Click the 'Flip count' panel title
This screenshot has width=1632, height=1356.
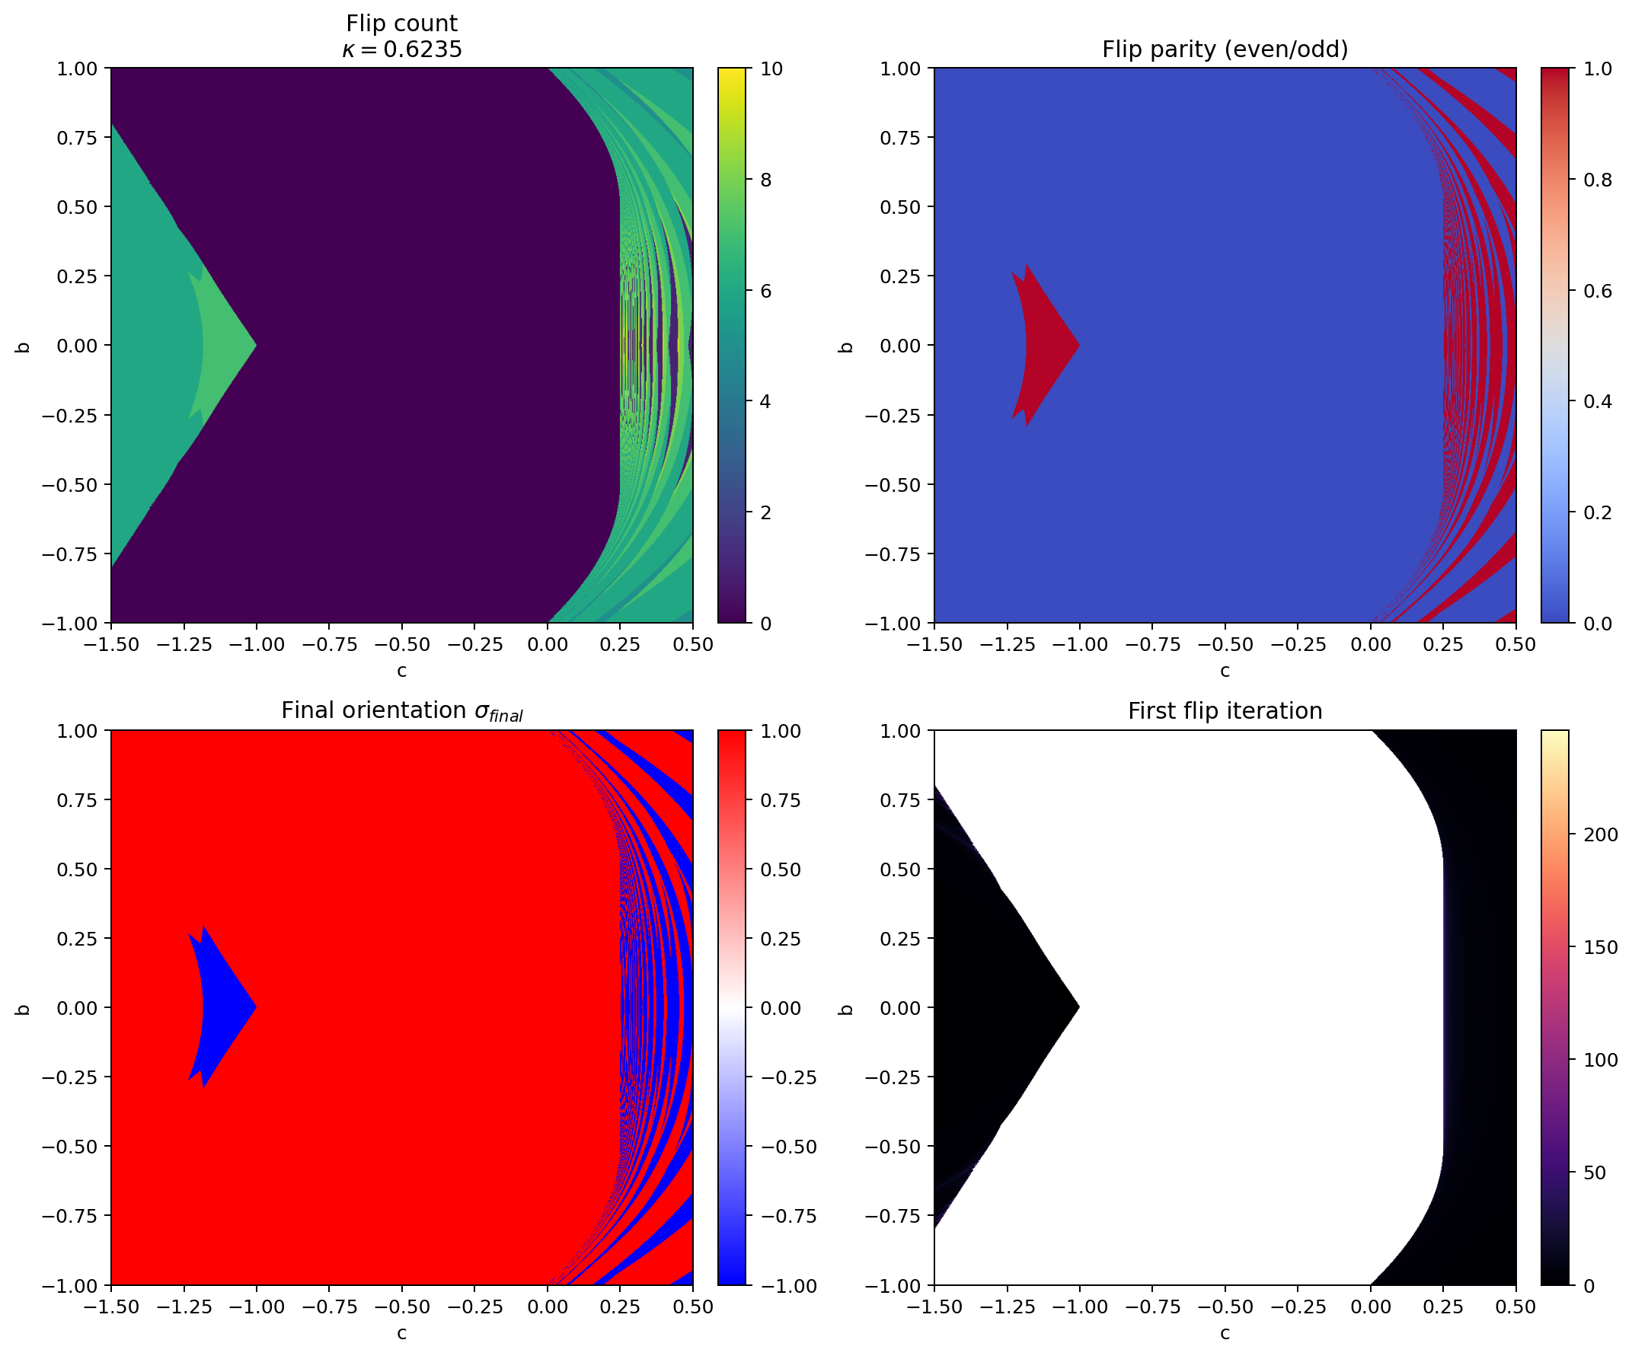pyautogui.click(x=402, y=24)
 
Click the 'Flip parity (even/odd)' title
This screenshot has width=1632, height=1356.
pyautogui.click(x=1225, y=49)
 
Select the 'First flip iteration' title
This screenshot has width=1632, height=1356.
pyautogui.click(x=1225, y=711)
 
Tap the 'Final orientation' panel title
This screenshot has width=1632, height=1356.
pyautogui.click(x=402, y=711)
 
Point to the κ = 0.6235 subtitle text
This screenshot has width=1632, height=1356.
pyautogui.click(x=402, y=49)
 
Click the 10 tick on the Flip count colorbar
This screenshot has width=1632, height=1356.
pyautogui.click(x=771, y=69)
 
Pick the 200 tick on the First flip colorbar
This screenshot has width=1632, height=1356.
pyautogui.click(x=1599, y=834)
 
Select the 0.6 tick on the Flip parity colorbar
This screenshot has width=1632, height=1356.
pyautogui.click(x=1597, y=291)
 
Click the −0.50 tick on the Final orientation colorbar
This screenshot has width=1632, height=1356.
pyautogui.click(x=788, y=1147)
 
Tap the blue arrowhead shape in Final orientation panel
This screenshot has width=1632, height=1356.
pyautogui.click(x=221, y=1008)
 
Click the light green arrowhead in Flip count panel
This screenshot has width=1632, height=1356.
pyautogui.click(x=221, y=345)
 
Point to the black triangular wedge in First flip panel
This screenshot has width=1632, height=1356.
pyautogui.click(x=987, y=1008)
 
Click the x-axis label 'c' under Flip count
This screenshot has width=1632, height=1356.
pyautogui.click(x=402, y=671)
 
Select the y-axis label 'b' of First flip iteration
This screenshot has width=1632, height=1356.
pyautogui.click(x=846, y=1009)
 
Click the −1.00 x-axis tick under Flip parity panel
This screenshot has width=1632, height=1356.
pyautogui.click(x=1079, y=644)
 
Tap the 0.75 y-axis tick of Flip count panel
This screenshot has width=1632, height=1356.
pyautogui.click(x=77, y=138)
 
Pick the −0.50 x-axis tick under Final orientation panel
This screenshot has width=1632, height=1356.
pyautogui.click(x=402, y=1307)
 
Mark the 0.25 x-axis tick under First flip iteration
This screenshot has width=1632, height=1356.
pyautogui.click(x=1443, y=1307)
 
